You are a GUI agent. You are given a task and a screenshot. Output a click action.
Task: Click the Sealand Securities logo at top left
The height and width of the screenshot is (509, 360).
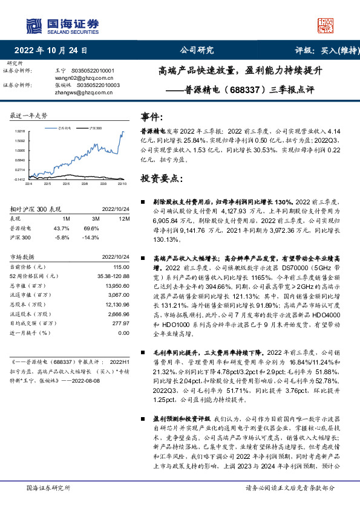(62, 24)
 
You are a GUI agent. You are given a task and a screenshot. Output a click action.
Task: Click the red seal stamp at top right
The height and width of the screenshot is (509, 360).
(326, 24)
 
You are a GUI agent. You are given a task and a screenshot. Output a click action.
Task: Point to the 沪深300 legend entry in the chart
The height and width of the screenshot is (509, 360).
(96, 129)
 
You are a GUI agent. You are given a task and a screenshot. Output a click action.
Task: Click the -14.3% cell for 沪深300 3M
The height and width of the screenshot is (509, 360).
(91, 238)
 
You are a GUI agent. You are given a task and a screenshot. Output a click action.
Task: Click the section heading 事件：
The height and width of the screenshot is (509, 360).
(151, 117)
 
